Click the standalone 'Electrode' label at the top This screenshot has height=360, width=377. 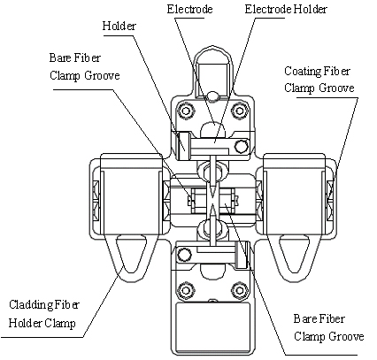point(189,9)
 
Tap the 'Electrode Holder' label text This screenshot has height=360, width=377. point(286,9)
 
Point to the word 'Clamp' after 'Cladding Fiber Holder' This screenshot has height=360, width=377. point(60,323)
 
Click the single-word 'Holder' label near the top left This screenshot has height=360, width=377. point(119,26)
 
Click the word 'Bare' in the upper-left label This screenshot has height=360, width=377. point(61,57)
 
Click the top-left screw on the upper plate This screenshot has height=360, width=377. point(186,111)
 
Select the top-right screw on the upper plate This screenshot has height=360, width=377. point(239,111)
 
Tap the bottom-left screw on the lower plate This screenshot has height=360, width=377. point(186,291)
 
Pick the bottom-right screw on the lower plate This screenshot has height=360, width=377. point(239,291)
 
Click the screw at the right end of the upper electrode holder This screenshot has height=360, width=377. point(241,146)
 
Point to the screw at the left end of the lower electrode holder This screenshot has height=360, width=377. point(184,255)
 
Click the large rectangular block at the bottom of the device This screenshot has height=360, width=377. point(212,320)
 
